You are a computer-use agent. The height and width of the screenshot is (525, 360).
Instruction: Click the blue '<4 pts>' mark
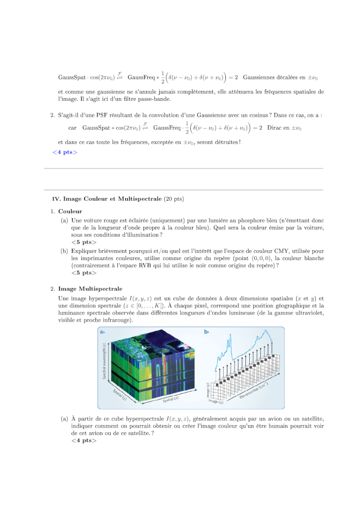click(x=65, y=152)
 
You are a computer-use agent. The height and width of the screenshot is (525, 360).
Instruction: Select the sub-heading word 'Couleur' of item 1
click(x=70, y=211)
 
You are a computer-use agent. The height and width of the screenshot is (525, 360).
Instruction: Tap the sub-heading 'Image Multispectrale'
click(x=91, y=288)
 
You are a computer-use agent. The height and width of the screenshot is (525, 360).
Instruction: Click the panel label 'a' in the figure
click(x=101, y=331)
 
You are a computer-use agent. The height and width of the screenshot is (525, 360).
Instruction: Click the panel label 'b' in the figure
click(x=206, y=331)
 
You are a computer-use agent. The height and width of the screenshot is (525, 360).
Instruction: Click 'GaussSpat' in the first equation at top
click(x=71, y=78)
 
